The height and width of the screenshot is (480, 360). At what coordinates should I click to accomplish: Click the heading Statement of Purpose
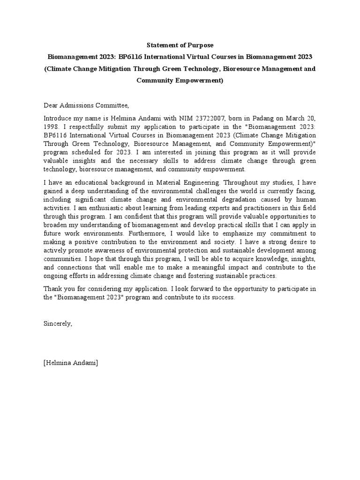click(180, 45)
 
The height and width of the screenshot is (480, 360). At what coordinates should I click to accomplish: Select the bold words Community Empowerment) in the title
click(180, 80)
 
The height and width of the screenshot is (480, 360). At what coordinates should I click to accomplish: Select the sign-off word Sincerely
click(58, 323)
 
